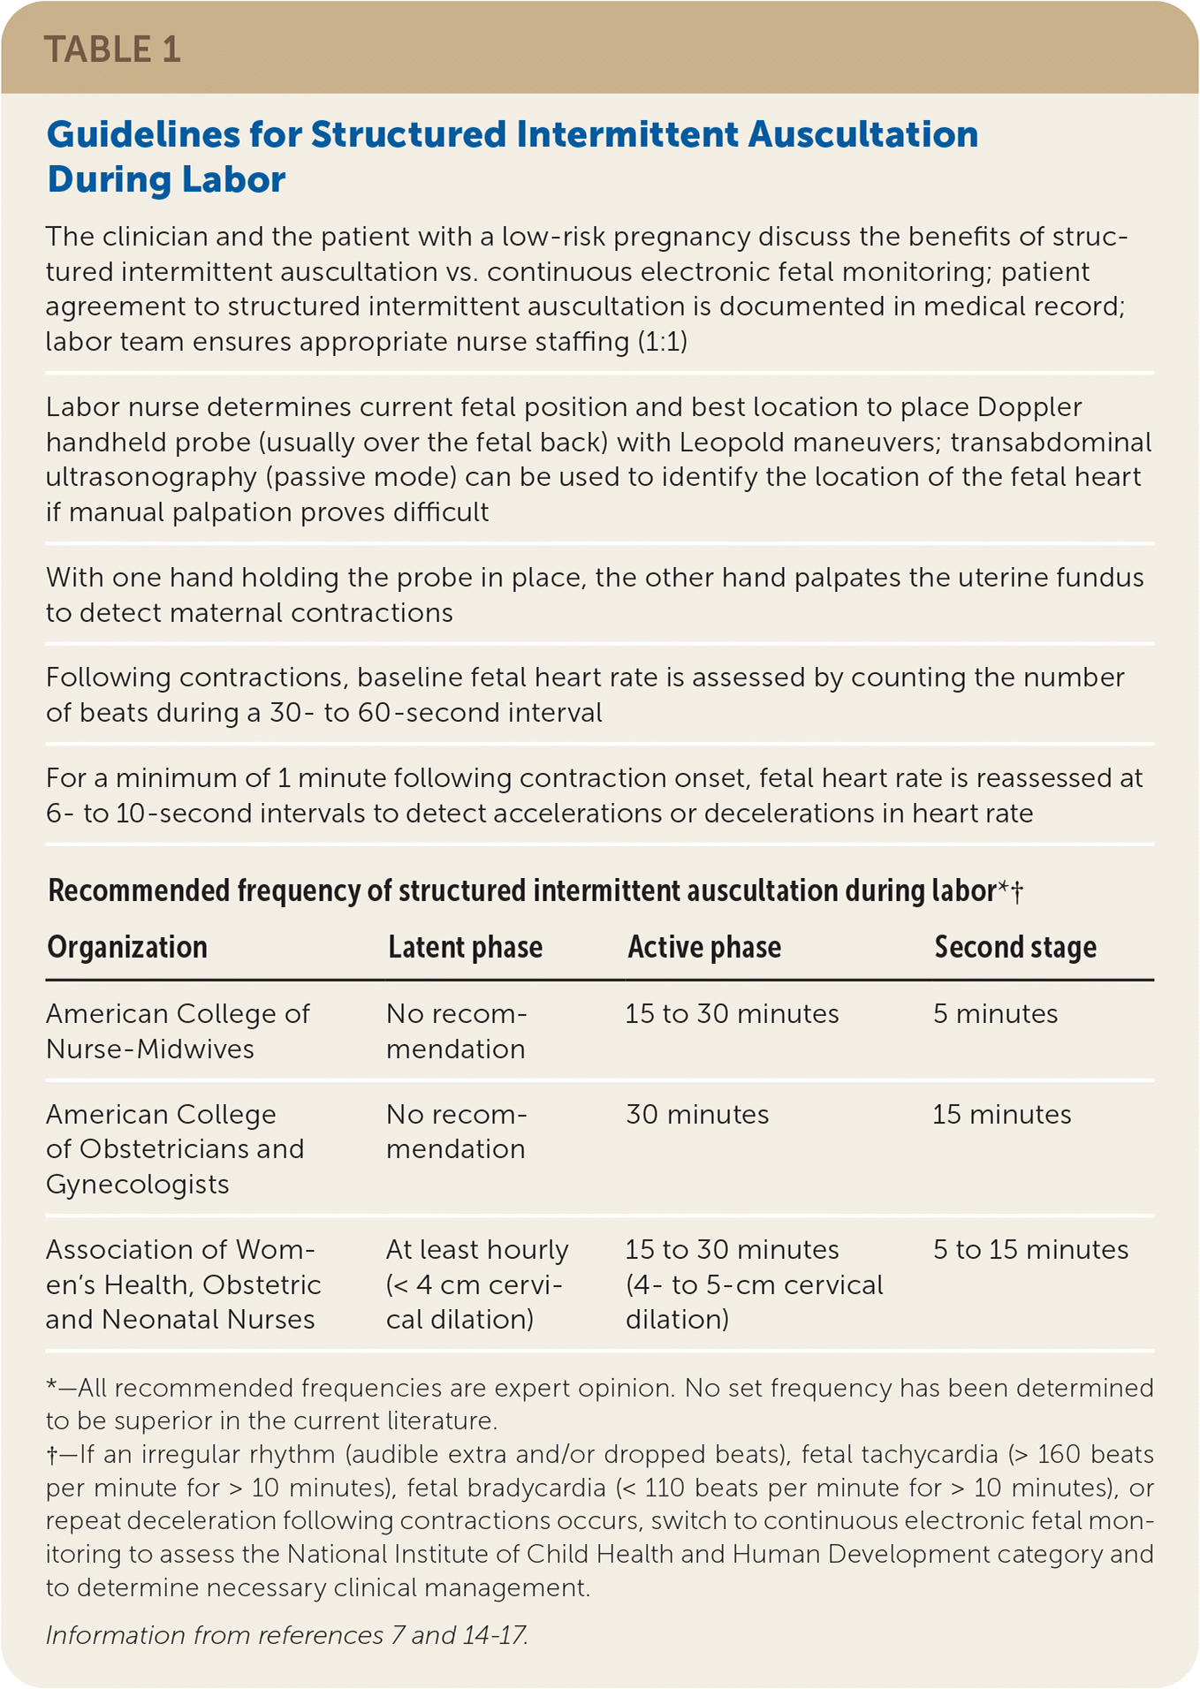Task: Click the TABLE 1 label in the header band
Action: (112, 49)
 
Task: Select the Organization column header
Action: (127, 947)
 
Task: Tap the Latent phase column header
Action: (465, 947)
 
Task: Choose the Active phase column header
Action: (704, 947)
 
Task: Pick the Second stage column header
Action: (1015, 947)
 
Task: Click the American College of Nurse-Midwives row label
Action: (178, 1031)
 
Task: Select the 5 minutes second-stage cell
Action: (995, 1014)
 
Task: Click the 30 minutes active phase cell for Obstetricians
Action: (697, 1115)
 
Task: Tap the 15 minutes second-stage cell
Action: (1001, 1115)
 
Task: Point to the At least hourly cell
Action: (477, 1250)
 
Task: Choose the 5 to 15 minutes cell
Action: (1030, 1250)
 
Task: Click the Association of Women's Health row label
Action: (183, 1284)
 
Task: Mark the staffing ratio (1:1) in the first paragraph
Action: (662, 342)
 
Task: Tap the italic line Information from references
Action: (286, 1635)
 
